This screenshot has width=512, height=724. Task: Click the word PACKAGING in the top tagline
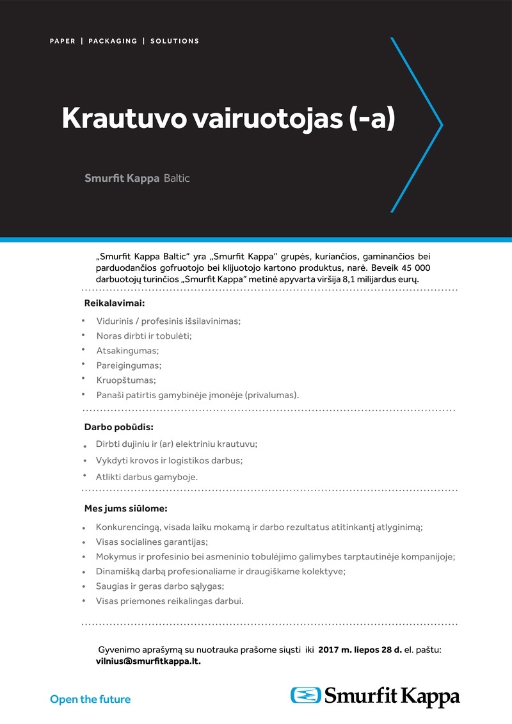click(113, 41)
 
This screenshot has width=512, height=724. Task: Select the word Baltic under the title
click(177, 178)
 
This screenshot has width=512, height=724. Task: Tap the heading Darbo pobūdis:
click(119, 426)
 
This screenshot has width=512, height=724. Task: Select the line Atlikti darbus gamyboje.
click(147, 477)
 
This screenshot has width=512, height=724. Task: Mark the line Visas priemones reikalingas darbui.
click(170, 601)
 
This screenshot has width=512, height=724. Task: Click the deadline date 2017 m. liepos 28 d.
click(360, 649)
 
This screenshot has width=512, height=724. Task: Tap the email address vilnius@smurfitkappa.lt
click(148, 661)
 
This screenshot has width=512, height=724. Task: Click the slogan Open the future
click(90, 699)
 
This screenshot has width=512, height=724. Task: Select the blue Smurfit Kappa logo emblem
click(306, 695)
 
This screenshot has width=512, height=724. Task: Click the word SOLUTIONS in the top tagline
click(175, 41)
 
